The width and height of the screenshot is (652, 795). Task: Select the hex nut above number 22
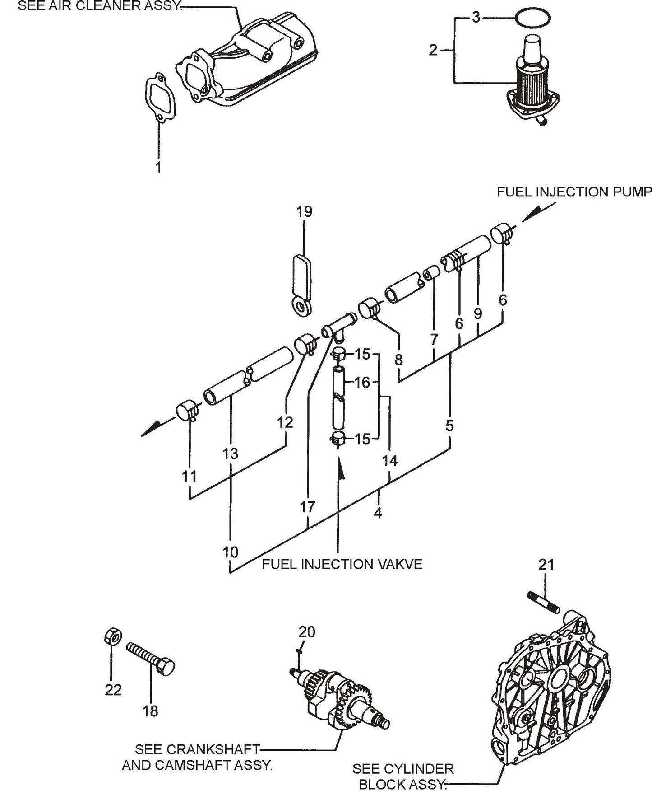(x=111, y=637)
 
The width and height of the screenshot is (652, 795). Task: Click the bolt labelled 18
(x=149, y=657)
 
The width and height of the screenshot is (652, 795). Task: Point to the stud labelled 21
(x=543, y=602)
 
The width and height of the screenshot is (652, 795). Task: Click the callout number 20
(x=307, y=631)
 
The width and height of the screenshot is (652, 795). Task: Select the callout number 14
(x=390, y=461)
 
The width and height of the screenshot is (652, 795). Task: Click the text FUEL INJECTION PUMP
(x=574, y=192)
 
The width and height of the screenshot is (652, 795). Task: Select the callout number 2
(x=433, y=51)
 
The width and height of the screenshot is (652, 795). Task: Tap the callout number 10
(x=230, y=552)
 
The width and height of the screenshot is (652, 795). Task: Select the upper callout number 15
(x=362, y=355)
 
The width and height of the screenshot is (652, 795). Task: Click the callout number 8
(x=398, y=360)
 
